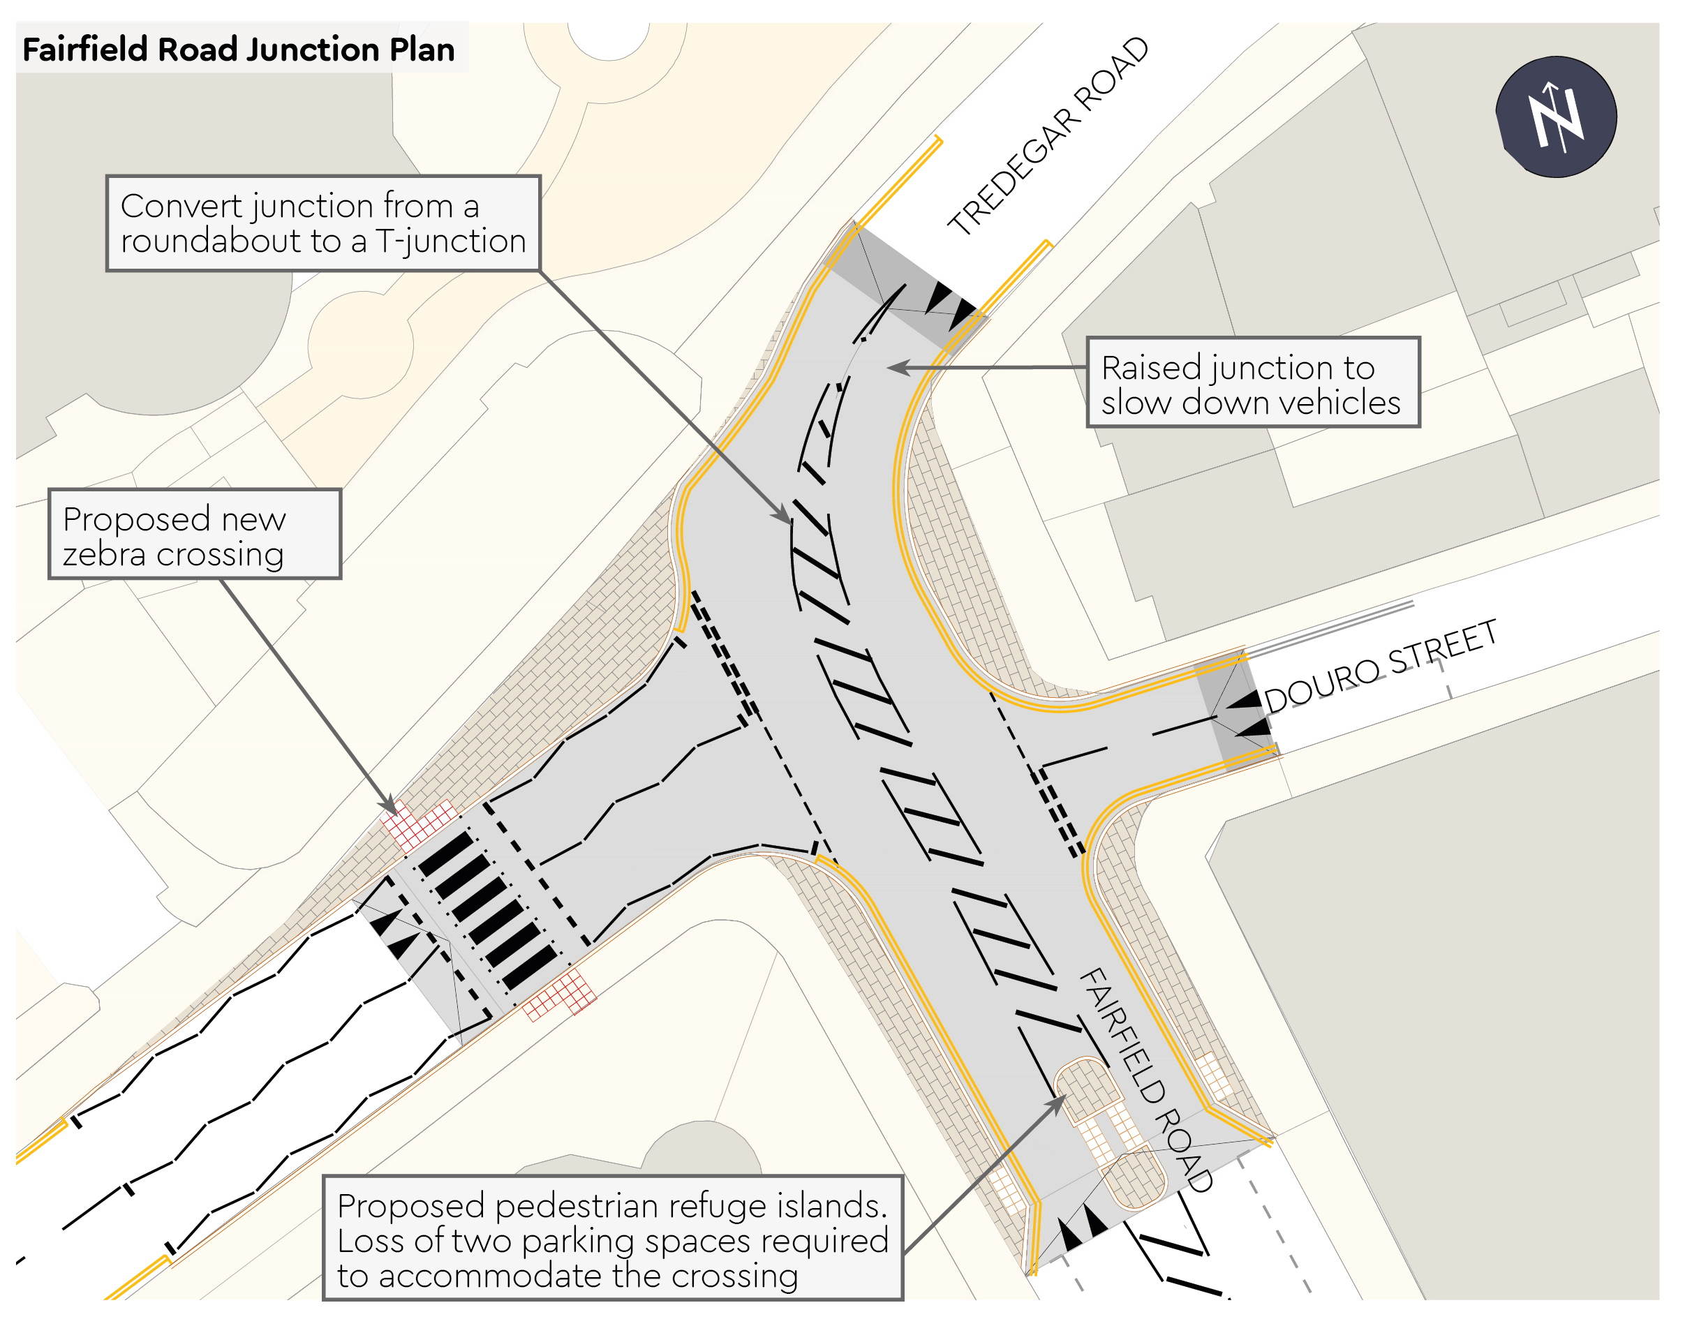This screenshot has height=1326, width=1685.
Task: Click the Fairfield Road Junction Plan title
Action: pyautogui.click(x=239, y=50)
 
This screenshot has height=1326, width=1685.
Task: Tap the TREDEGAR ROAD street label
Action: pyautogui.click(x=1048, y=137)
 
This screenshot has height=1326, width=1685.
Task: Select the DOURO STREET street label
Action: pyautogui.click(x=1380, y=665)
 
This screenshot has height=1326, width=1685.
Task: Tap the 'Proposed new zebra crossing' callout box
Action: pyautogui.click(x=195, y=535)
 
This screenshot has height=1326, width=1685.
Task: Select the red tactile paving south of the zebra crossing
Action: pyautogui.click(x=559, y=994)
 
